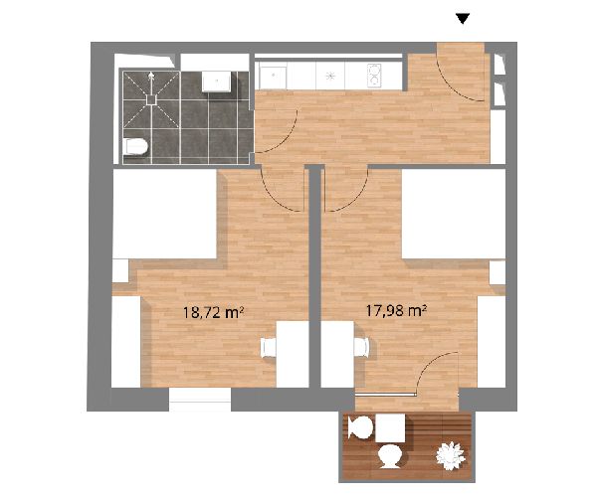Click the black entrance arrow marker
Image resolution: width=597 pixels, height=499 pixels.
[x=463, y=18]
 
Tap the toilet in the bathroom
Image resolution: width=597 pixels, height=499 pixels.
[x=135, y=147]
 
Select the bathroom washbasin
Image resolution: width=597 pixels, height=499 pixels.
[x=216, y=81]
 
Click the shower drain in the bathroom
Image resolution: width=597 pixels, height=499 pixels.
[x=151, y=99]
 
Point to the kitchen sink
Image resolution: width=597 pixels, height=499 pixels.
[x=273, y=76]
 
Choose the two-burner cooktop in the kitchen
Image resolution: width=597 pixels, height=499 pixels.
[x=373, y=75]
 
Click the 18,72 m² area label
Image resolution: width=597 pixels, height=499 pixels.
[x=213, y=313]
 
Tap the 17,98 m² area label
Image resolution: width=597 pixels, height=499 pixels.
[x=396, y=311]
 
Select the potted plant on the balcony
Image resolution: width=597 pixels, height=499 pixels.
[x=451, y=455]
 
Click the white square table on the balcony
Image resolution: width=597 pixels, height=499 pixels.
[x=390, y=428]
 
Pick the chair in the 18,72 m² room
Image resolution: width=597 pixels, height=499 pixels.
[x=268, y=348]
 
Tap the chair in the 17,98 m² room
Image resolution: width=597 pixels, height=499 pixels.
[x=361, y=347]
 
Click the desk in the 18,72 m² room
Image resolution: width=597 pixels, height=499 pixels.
[x=292, y=354]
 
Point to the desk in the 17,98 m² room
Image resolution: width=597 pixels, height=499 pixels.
[x=337, y=354]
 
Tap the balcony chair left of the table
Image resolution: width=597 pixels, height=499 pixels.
[x=360, y=427]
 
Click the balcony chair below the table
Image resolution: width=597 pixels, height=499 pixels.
[x=389, y=456]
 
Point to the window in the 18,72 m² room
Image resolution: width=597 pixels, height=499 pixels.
[x=200, y=400]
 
